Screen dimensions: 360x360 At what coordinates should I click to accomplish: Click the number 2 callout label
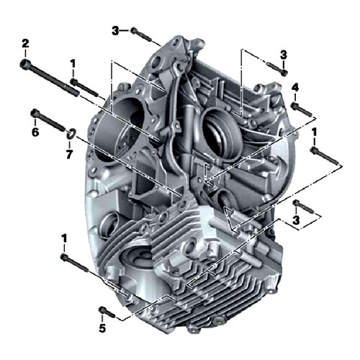[25, 44]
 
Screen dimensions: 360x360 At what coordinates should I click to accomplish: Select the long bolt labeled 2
[50, 77]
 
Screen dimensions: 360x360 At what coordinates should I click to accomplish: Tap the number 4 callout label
[295, 88]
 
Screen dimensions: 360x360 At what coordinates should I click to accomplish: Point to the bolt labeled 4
[302, 109]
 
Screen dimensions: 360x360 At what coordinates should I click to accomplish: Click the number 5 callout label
[102, 328]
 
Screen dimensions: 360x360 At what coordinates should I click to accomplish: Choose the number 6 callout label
[35, 132]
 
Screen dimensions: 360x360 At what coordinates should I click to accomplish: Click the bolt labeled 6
[48, 120]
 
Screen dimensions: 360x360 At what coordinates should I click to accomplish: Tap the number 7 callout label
[69, 154]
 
